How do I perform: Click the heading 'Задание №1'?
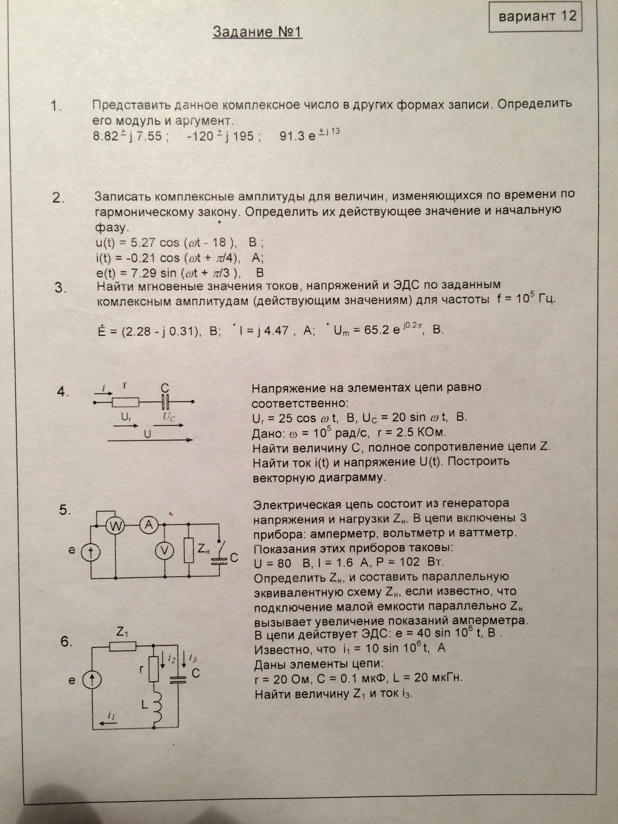point(257,32)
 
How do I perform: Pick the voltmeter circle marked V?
point(164,550)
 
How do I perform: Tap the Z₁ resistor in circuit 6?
point(123,647)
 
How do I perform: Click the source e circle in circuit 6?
point(92,680)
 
